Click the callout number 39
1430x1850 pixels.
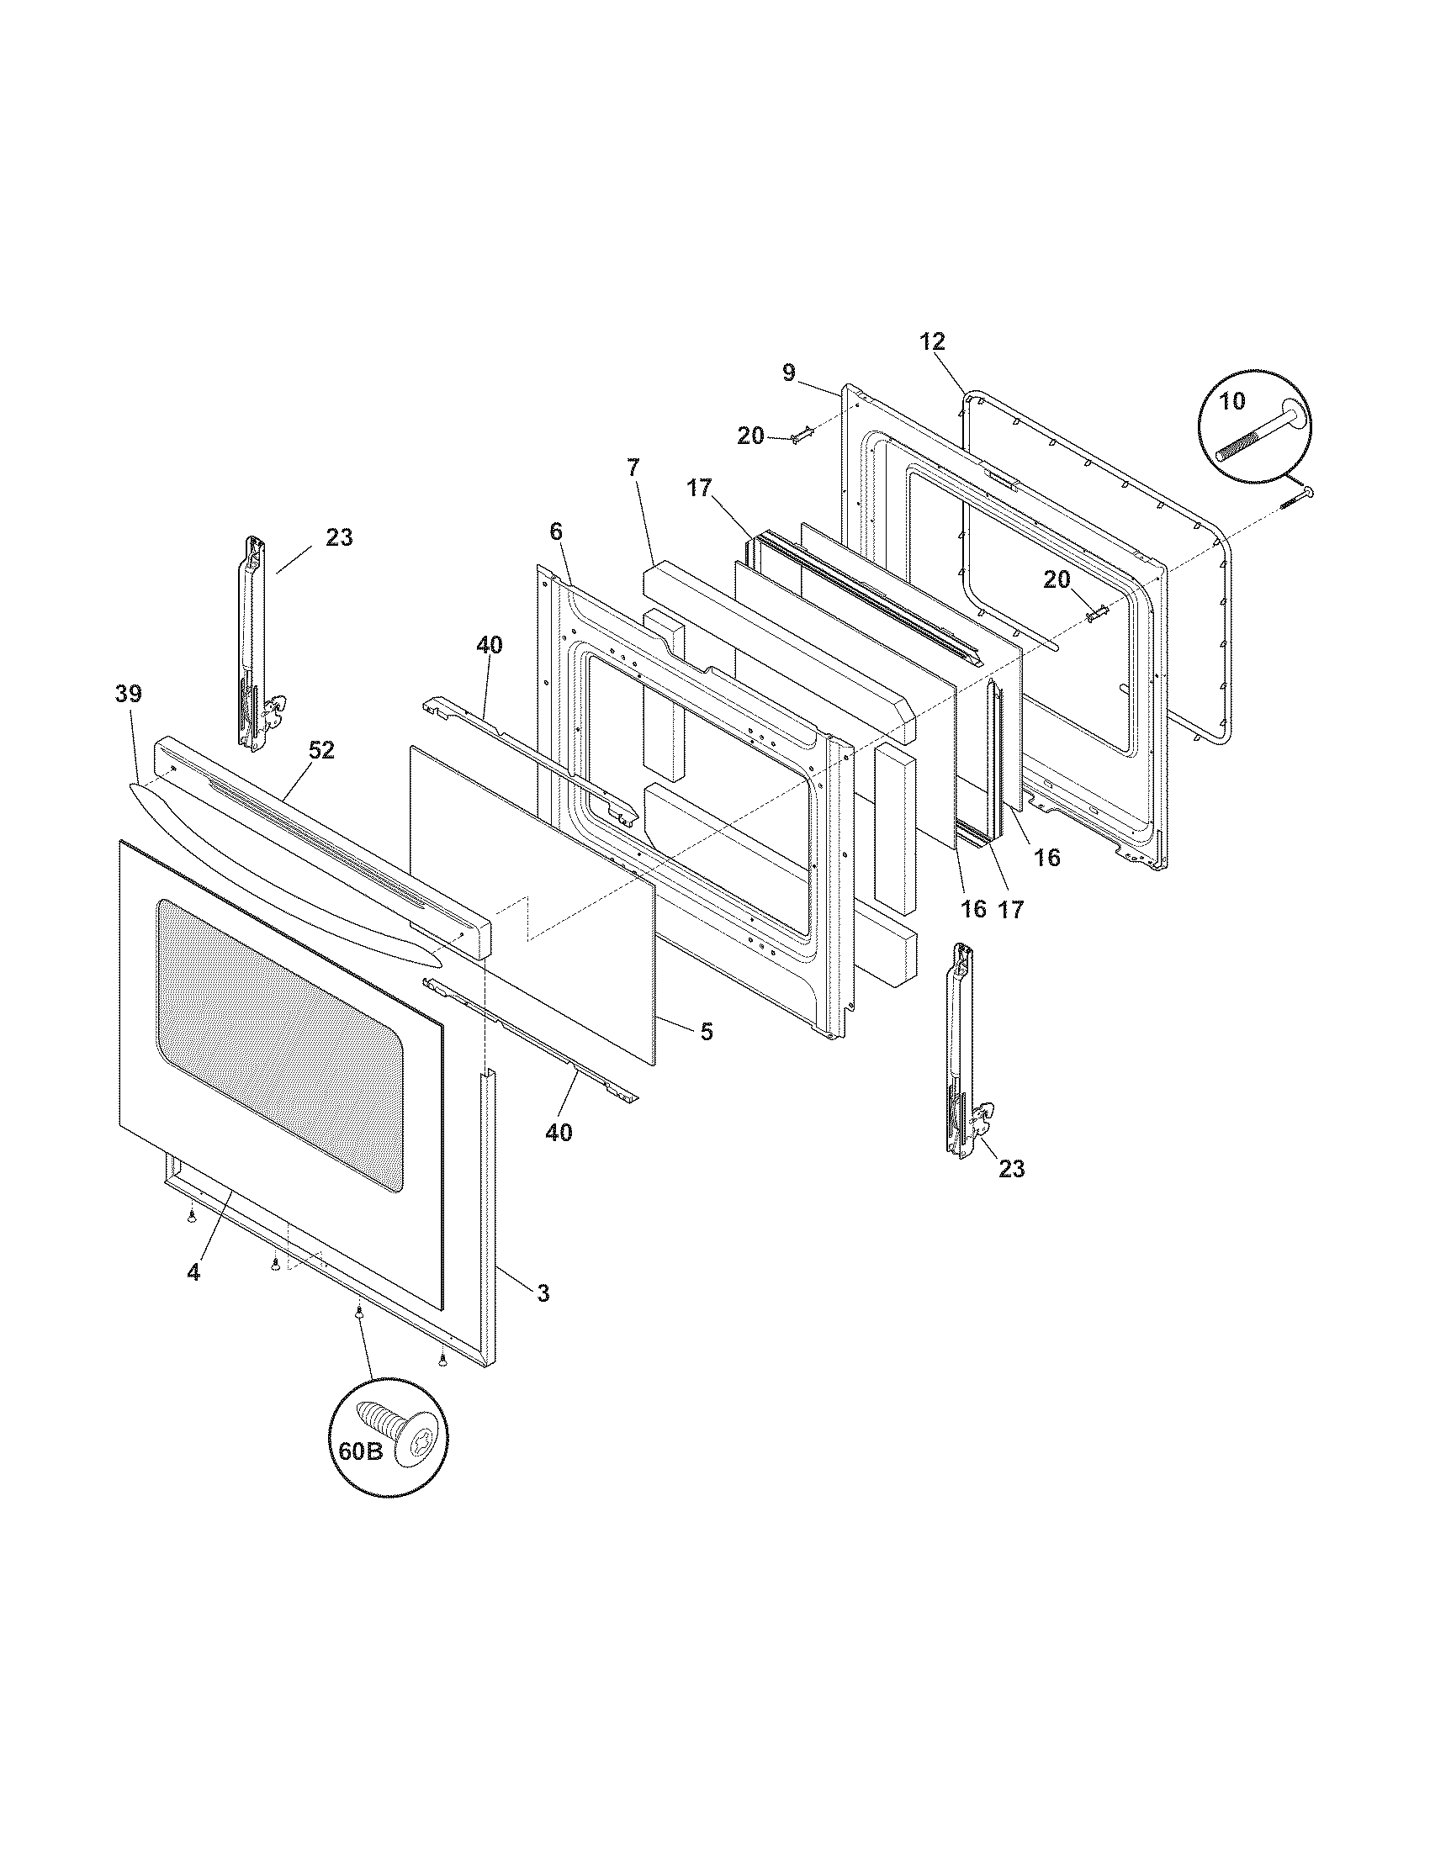point(129,694)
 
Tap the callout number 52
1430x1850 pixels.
point(321,749)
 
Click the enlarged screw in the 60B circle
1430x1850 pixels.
point(398,1430)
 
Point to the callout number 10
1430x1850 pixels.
point(1232,400)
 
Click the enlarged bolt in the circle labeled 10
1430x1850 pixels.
point(1262,436)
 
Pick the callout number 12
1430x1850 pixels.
point(932,342)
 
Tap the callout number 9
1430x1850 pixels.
point(789,373)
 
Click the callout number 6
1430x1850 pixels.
point(556,531)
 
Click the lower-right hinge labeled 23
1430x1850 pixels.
point(964,1050)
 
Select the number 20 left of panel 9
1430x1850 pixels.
point(750,436)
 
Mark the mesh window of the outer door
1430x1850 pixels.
point(279,1042)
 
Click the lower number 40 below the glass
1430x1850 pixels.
point(559,1133)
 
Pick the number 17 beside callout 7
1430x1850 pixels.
point(700,489)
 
